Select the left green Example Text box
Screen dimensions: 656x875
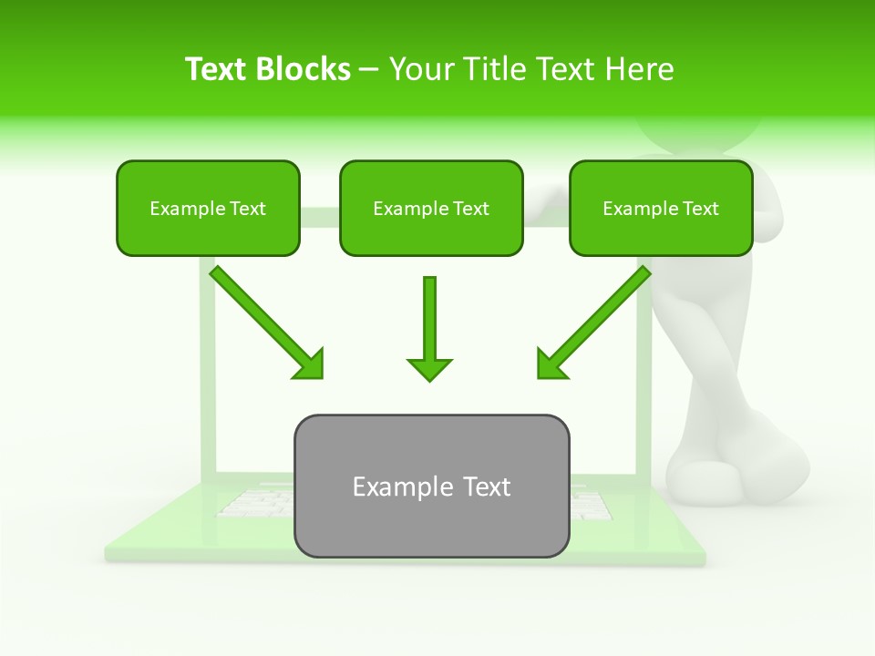click(x=208, y=208)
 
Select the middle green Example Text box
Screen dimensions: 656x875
click(x=431, y=208)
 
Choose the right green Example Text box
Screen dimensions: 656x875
click(x=661, y=208)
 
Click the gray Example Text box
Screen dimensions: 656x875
click(x=431, y=486)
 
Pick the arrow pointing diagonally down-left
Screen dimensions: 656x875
click(x=594, y=322)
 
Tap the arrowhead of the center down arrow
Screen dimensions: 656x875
click(x=429, y=368)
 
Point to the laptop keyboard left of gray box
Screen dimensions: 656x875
click(x=255, y=502)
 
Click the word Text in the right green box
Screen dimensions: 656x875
click(x=701, y=209)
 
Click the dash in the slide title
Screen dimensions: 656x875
click(x=369, y=69)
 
